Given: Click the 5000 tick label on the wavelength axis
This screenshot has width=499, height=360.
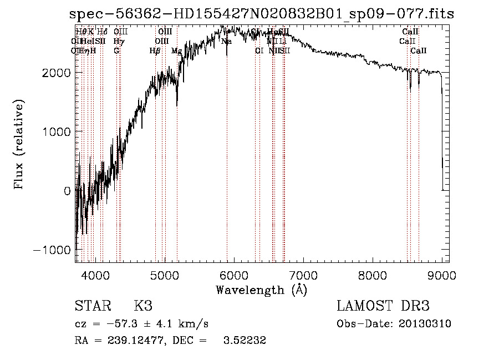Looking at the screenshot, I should [x=164, y=275].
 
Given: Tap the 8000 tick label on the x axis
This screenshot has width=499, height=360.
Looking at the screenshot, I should [x=373, y=275].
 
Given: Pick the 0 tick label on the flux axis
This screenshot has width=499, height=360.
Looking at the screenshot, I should [x=67, y=191].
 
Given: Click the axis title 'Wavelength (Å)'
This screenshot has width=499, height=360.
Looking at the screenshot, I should [x=261, y=290].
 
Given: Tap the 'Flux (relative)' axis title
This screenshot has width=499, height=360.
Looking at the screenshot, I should [x=19, y=144].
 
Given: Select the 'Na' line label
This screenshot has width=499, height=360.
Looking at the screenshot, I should [x=226, y=41].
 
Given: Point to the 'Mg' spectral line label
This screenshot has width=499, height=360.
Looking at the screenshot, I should [x=176, y=50].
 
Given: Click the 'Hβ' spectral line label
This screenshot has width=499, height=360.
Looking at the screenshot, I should [x=155, y=50].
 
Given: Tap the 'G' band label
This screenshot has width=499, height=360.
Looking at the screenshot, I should [x=116, y=50].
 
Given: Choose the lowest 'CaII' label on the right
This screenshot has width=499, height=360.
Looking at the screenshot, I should [x=419, y=50].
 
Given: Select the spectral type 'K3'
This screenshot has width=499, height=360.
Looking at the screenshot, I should [x=143, y=306].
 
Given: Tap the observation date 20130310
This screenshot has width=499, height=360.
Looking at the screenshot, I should [x=426, y=324].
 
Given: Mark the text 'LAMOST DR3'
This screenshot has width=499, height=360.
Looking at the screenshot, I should [x=383, y=306].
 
